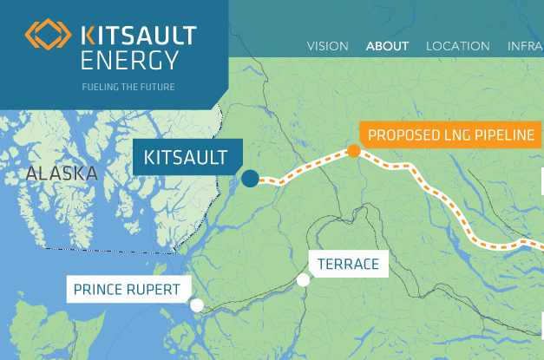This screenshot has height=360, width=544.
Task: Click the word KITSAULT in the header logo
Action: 138,36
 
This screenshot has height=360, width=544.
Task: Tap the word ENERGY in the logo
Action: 129,60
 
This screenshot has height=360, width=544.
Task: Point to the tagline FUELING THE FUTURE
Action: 128,87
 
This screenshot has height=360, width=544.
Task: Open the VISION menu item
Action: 328,46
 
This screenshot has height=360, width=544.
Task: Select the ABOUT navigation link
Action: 387,46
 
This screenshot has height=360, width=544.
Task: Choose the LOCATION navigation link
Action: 457,46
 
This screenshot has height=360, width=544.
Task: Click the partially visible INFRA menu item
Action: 525,46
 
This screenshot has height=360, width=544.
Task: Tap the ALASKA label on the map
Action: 62,173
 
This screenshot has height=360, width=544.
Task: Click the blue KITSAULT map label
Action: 185,158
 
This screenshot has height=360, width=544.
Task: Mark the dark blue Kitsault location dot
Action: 251,179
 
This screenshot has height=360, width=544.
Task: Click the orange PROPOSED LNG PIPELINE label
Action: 451,135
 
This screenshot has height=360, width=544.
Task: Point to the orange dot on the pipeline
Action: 354,151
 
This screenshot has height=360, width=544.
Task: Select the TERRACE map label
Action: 348,264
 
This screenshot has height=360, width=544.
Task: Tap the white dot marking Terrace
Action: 303,279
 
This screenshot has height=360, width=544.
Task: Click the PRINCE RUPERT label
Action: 127,290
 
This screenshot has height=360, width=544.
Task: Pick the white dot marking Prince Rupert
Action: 197,304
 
